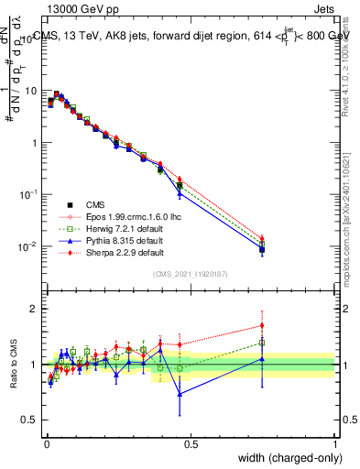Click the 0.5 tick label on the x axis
[x=190, y=444]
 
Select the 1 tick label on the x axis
[x=335, y=444]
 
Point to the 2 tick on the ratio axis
[x=33, y=309]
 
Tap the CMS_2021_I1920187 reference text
[x=190, y=273]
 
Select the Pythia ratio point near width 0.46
[x=180, y=394]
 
